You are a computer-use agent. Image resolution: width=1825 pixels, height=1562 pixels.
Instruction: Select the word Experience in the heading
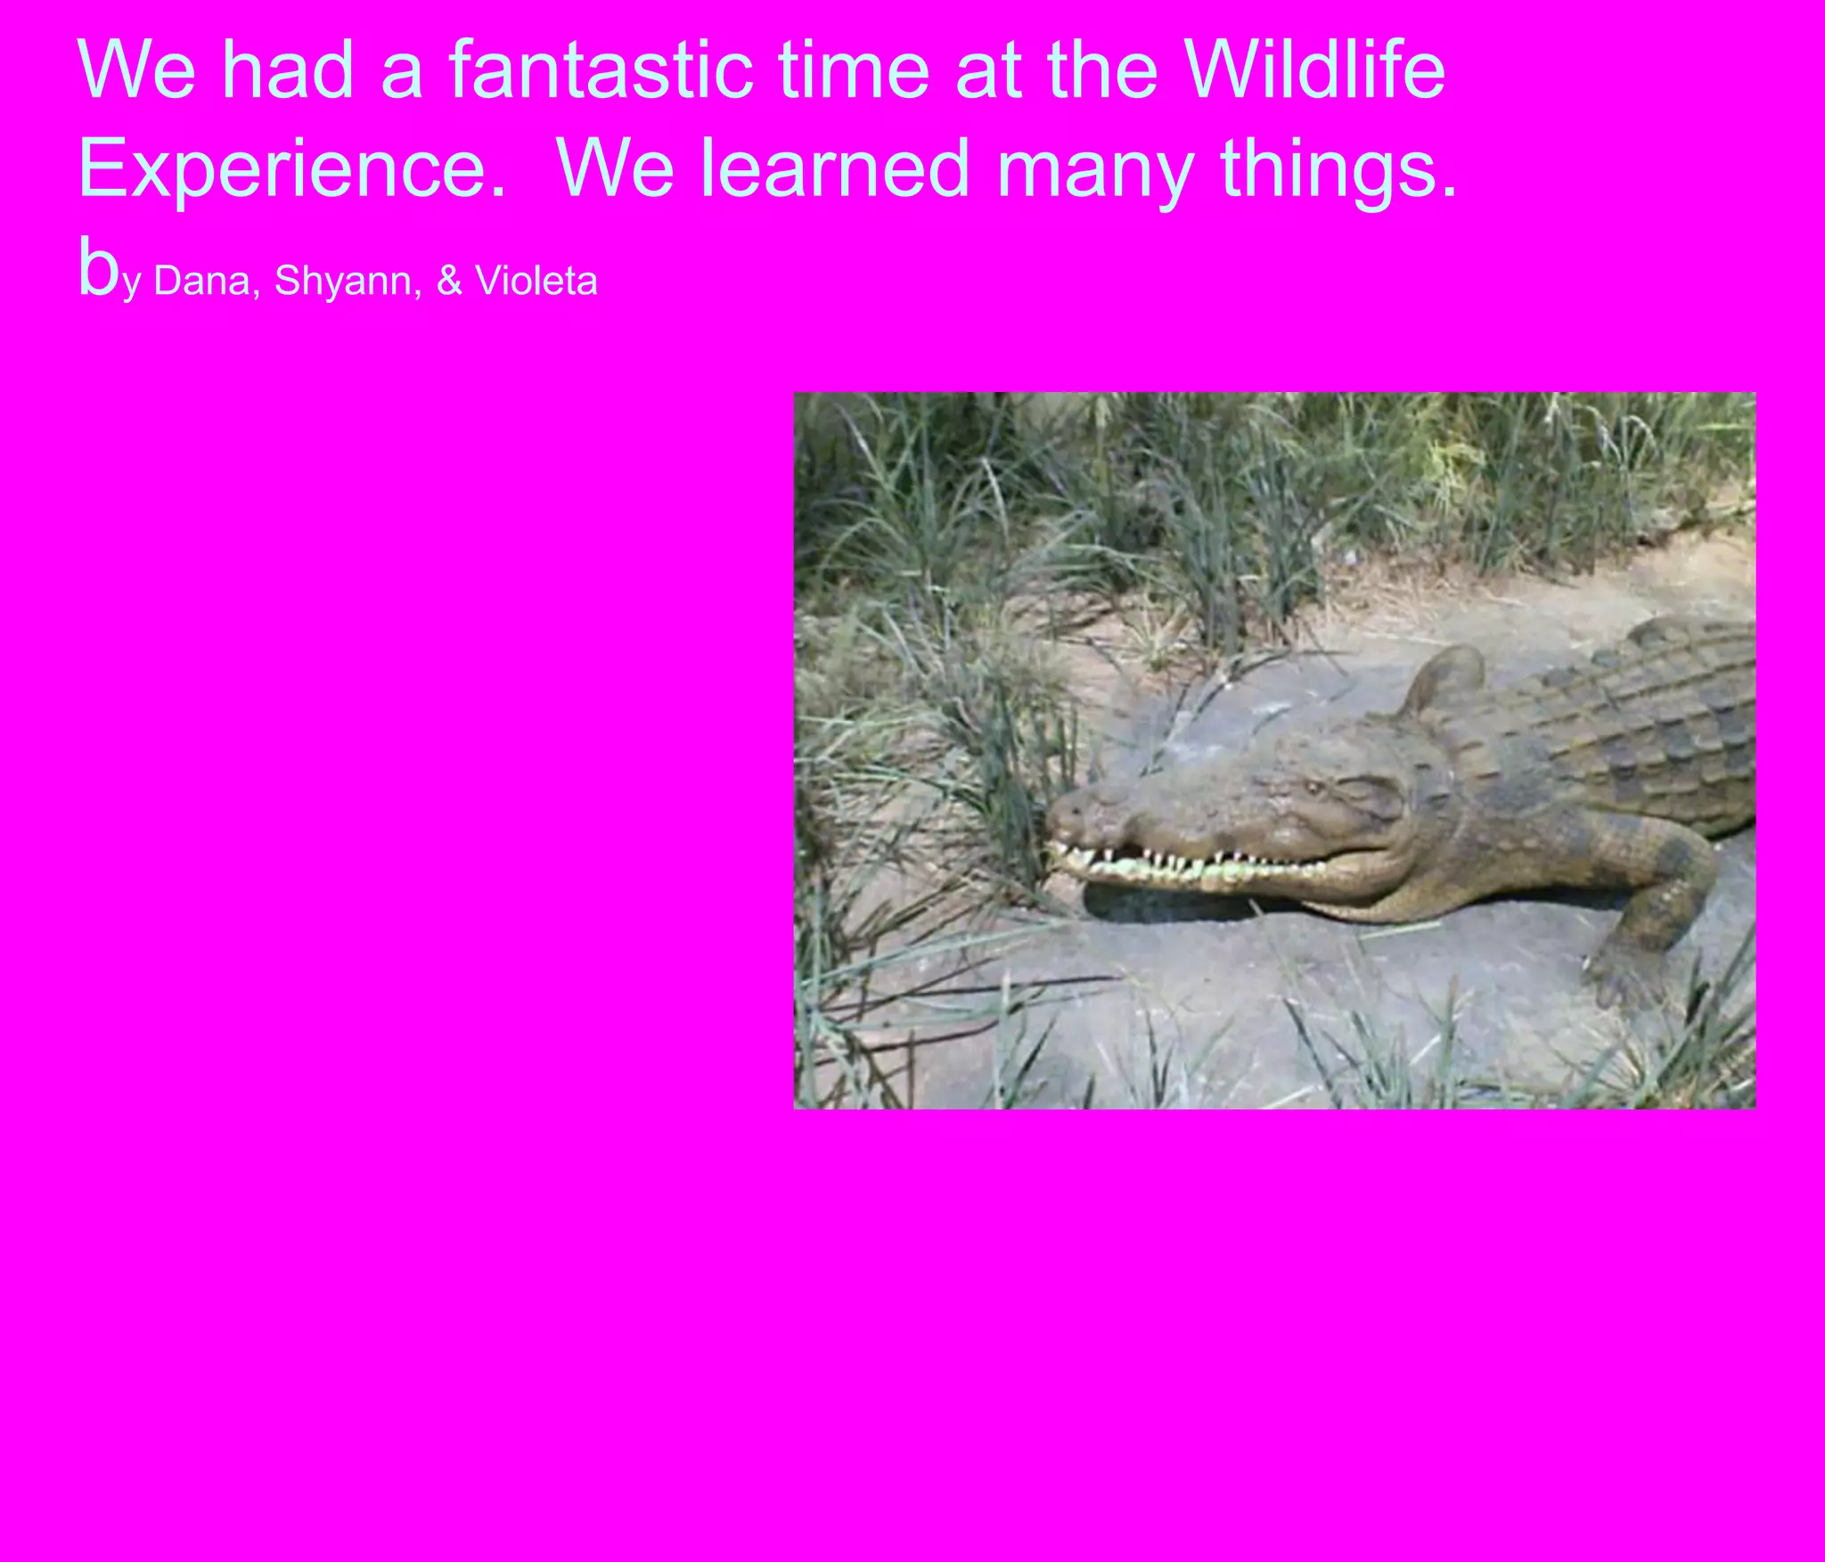click(292, 169)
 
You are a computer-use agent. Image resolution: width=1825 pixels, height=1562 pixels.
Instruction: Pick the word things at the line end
click(1337, 169)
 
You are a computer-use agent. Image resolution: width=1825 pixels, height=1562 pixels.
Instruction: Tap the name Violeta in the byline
click(536, 282)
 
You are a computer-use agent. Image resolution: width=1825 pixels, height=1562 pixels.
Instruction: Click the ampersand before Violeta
click(449, 282)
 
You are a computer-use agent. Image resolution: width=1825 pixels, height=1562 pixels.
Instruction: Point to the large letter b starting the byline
click(98, 267)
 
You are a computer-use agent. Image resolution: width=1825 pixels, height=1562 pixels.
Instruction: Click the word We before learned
click(615, 169)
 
